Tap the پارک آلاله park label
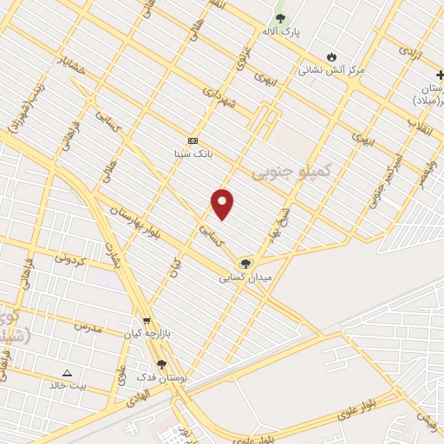coord(280,31)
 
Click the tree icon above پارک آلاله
coord(279,17)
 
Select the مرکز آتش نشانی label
coord(332,69)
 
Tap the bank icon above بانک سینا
coord(193,140)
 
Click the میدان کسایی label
coord(246,277)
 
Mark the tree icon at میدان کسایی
coord(245,264)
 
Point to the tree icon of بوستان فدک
coord(161,365)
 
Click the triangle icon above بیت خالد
coord(68,372)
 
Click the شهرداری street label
coord(219,96)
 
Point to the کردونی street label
coord(72,258)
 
